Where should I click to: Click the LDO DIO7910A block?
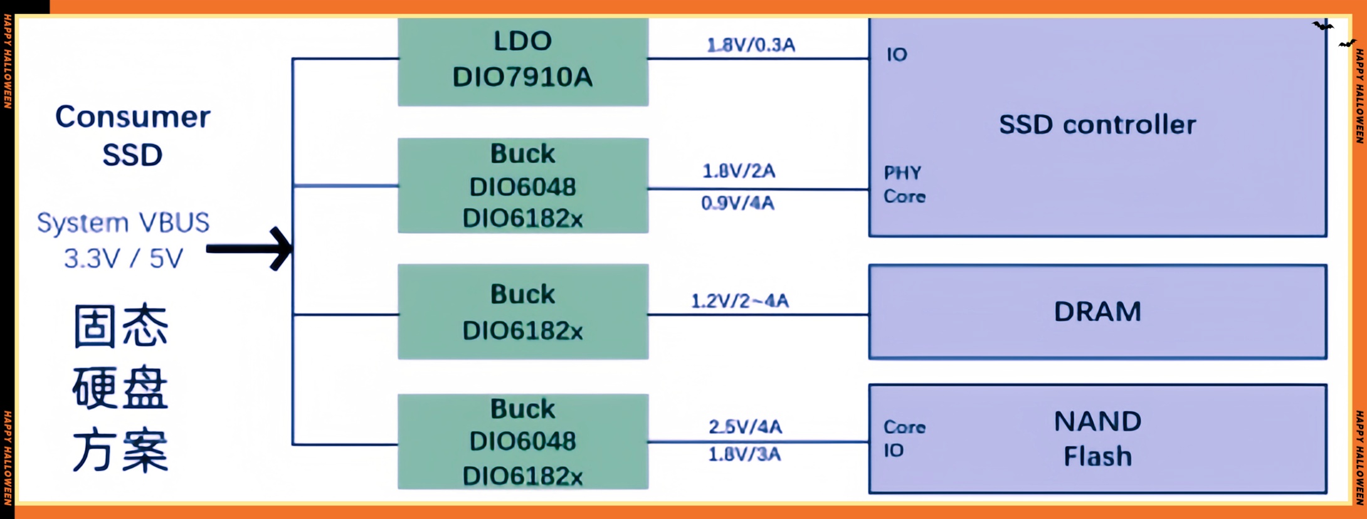pos(522,60)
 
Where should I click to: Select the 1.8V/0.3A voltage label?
pos(751,45)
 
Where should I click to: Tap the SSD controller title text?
pos(1097,125)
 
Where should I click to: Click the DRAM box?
pos(1097,312)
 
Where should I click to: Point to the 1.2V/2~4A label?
pos(739,301)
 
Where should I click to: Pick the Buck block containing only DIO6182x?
pos(522,312)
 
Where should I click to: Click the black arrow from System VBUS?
pos(251,249)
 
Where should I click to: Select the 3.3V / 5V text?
pos(124,258)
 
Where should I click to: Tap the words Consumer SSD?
pos(132,135)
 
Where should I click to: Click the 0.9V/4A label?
pos(737,203)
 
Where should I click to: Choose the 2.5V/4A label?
pos(745,427)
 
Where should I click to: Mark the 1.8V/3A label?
pos(744,454)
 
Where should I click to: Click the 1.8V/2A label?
pos(739,170)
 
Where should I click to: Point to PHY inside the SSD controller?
pos(902,173)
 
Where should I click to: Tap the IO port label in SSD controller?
pos(897,55)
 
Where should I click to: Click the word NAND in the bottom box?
pos(1097,421)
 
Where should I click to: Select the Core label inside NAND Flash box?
pos(904,427)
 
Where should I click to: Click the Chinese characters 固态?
pos(120,326)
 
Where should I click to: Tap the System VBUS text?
pos(124,223)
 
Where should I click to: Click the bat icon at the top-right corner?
pos(1323,26)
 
